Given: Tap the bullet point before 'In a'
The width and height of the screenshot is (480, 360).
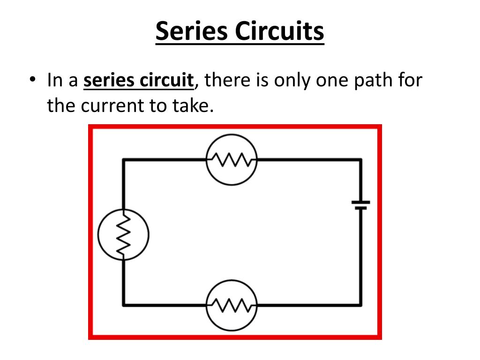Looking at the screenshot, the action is [32, 79].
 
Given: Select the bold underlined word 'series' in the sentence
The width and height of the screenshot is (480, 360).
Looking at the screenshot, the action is [108, 80].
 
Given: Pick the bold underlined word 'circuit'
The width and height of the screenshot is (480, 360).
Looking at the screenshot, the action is [166, 80].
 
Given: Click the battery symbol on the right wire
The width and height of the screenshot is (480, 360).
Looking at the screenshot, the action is [360, 205].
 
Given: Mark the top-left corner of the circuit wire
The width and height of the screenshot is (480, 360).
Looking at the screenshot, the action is [123, 159].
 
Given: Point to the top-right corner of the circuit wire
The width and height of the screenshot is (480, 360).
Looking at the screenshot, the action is [360, 159].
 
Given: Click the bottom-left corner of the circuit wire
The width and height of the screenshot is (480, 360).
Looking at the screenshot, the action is [123, 305].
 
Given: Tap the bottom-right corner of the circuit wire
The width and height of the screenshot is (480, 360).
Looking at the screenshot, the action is [360, 305].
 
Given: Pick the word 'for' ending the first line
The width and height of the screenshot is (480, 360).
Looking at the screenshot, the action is [411, 80].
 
